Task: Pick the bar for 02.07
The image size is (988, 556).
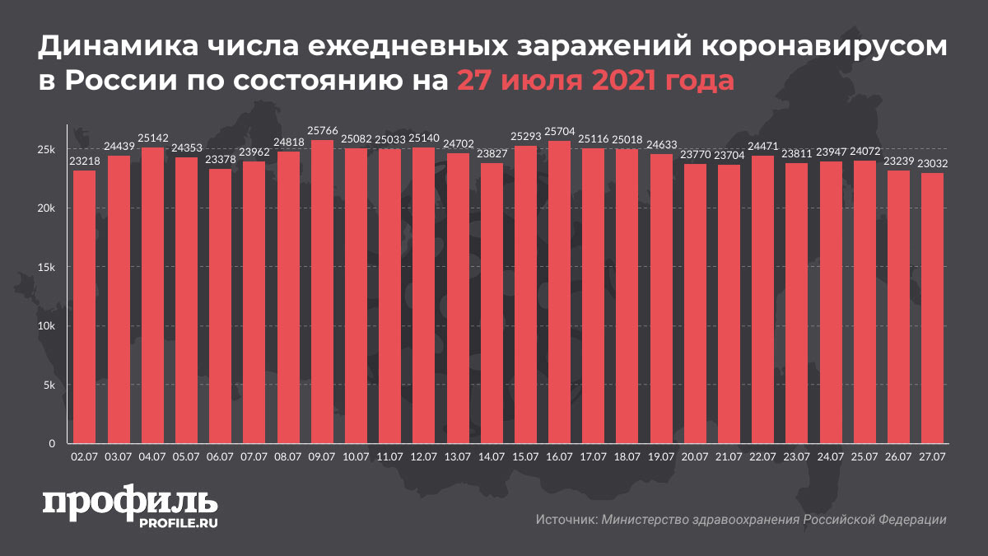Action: point(84,307)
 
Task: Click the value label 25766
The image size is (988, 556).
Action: point(322,132)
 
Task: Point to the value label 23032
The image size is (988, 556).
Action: point(932,164)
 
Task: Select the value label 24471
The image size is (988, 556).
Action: point(762,147)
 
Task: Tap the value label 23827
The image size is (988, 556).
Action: point(492,155)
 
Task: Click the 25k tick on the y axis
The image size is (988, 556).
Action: point(45,150)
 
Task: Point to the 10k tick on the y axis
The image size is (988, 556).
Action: point(45,326)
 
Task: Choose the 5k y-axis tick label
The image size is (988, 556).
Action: point(48,385)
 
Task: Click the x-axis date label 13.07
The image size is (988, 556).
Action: point(457,454)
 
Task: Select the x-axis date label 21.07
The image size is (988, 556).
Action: point(729,454)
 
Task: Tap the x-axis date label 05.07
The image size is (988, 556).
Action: point(186,454)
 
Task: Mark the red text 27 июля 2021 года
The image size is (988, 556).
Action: point(595,82)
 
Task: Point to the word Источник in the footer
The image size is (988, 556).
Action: point(566,520)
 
